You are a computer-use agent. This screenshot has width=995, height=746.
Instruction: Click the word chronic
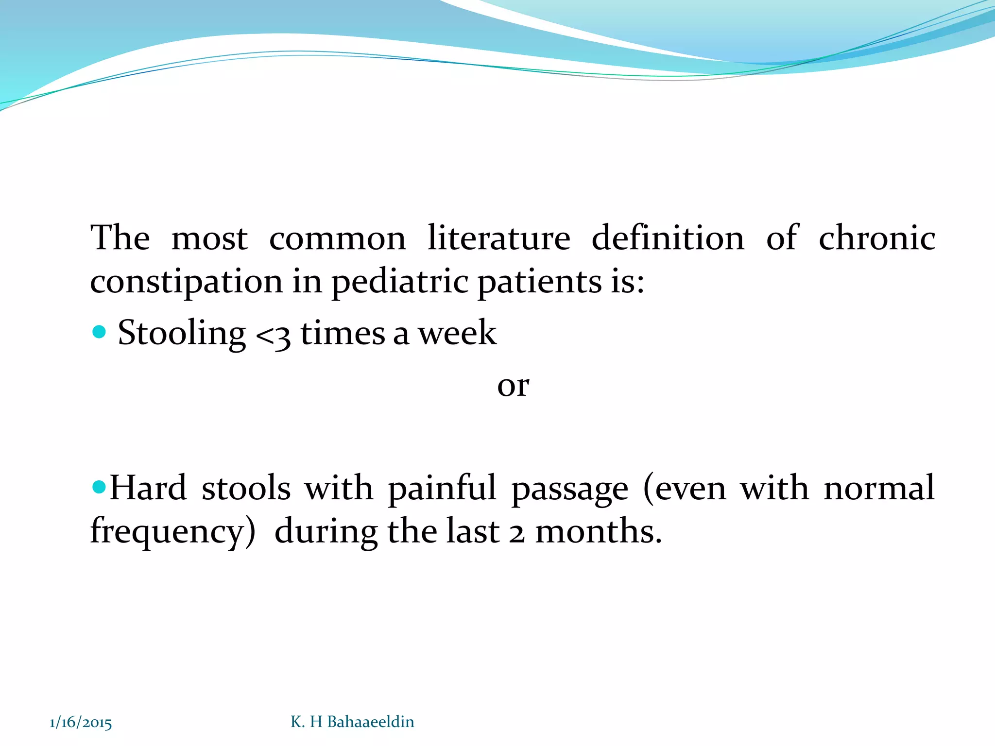[x=877, y=238]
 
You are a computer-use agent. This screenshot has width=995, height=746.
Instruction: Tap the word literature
[x=499, y=238]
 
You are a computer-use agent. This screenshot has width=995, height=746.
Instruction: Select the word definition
[x=668, y=238]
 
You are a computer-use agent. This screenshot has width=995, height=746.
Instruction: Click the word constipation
[x=187, y=282]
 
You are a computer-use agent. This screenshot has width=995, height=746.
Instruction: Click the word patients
[x=539, y=282]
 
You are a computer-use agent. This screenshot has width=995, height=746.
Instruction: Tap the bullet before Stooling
[x=99, y=332]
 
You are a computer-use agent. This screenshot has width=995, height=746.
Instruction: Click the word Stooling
[x=182, y=333]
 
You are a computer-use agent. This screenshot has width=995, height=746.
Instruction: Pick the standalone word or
[x=513, y=386]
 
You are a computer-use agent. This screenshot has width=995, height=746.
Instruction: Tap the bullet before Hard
[x=99, y=486]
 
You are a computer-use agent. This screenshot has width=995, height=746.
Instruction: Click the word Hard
[x=148, y=488]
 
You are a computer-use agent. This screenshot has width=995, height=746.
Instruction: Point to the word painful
[x=442, y=488]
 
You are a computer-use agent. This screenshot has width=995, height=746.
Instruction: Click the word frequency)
[x=173, y=531]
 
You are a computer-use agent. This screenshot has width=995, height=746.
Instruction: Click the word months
[x=599, y=531]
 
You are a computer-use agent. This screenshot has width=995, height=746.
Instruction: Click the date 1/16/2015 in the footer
[x=81, y=723]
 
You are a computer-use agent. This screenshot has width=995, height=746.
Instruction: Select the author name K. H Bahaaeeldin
[x=352, y=722]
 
